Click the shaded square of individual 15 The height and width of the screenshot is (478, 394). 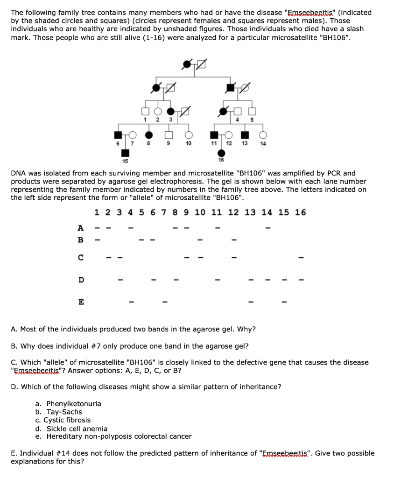[x=125, y=153]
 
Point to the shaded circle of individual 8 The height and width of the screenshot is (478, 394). [x=148, y=135]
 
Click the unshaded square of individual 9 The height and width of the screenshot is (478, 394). [x=169, y=135]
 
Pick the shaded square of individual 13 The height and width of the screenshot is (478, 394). [x=244, y=135]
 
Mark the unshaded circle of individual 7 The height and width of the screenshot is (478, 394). [x=133, y=135]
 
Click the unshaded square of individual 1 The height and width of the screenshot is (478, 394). [x=146, y=111]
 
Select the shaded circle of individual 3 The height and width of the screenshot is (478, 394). [x=171, y=111]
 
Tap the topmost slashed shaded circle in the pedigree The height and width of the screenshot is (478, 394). [x=187, y=63]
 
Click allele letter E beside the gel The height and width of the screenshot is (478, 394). [x=81, y=302]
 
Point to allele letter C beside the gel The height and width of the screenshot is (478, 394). [x=81, y=257]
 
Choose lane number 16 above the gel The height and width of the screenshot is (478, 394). [x=301, y=213]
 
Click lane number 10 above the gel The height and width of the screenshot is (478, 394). [x=200, y=213]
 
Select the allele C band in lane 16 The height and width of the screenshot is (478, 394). [x=302, y=257]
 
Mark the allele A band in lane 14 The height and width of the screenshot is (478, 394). [x=268, y=228]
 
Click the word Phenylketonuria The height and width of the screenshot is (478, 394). [x=74, y=404]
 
